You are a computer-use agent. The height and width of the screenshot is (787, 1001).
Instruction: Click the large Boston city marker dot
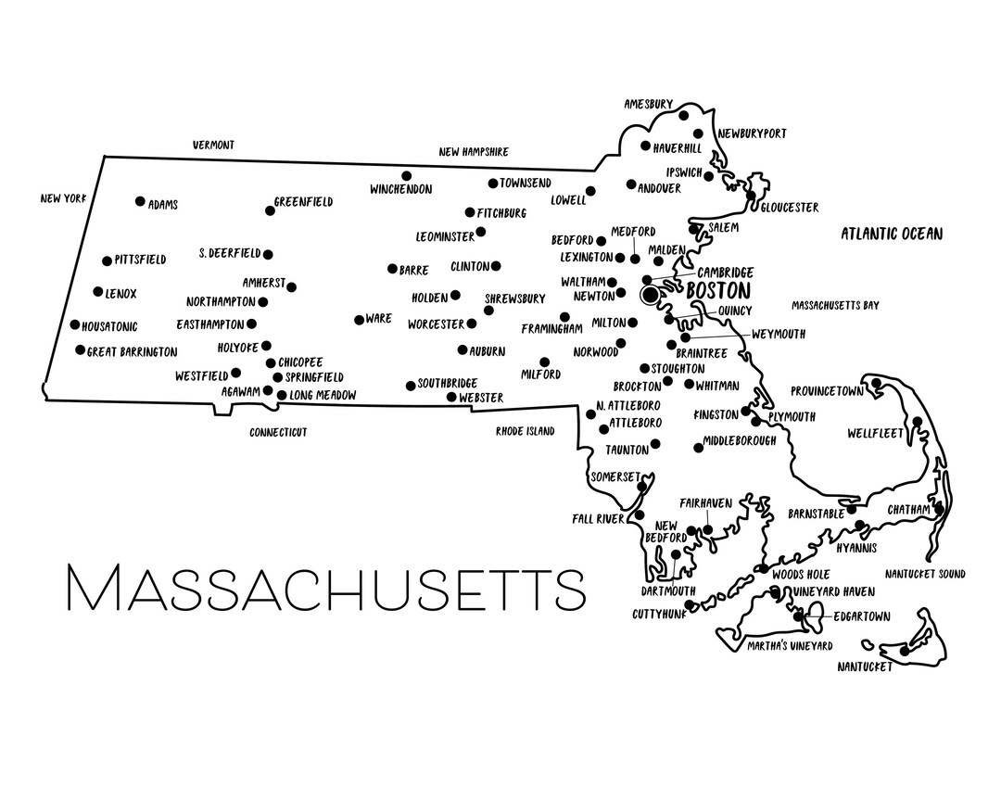click(x=651, y=294)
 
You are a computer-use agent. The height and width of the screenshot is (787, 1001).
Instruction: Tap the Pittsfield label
click(x=140, y=260)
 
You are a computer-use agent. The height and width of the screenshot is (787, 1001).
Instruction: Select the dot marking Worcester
click(x=472, y=324)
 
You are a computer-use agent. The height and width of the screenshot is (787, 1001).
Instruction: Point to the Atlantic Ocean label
click(x=892, y=234)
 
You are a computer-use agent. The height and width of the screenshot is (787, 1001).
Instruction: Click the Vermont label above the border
click(x=213, y=146)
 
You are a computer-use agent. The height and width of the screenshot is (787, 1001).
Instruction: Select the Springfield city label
click(x=314, y=377)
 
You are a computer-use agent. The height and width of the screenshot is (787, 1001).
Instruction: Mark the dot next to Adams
click(x=140, y=201)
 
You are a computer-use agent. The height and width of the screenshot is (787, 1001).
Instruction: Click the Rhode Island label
click(x=525, y=431)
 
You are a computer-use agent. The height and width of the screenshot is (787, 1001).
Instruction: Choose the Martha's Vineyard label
click(x=791, y=645)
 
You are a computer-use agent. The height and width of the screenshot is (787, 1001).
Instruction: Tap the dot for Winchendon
click(x=406, y=175)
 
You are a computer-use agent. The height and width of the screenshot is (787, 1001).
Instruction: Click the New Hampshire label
click(x=474, y=152)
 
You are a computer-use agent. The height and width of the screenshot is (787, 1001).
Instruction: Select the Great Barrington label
click(x=132, y=352)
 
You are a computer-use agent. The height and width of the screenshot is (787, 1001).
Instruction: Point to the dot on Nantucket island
click(x=905, y=651)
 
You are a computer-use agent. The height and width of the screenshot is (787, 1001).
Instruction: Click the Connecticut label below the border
click(x=278, y=433)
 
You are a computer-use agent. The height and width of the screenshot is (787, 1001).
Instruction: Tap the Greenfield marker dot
click(x=270, y=210)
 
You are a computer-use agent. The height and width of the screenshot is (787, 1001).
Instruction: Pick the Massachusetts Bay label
click(x=835, y=305)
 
